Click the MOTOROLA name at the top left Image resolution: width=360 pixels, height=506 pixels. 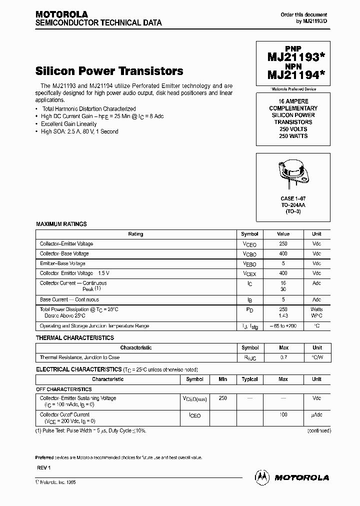61,14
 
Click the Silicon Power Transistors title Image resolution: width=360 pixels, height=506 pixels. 109,71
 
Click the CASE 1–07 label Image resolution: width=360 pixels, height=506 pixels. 293,199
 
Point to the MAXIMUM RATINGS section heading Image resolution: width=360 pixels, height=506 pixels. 61,224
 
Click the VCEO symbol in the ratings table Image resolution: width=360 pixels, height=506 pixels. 249,244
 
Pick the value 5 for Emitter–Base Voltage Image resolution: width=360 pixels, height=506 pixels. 283,263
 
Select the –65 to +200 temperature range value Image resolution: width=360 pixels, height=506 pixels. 283,326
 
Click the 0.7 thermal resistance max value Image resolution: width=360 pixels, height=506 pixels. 283,357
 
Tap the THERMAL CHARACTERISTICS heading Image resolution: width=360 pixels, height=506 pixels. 75,338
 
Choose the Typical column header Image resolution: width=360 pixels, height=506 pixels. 249,379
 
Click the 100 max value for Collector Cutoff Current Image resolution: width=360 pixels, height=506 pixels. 283,415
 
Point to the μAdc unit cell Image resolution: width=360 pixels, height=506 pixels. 316,415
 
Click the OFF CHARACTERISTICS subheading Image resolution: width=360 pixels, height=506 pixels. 63,389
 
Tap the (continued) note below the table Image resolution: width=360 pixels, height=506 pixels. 318,430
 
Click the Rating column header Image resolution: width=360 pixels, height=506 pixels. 135,234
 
